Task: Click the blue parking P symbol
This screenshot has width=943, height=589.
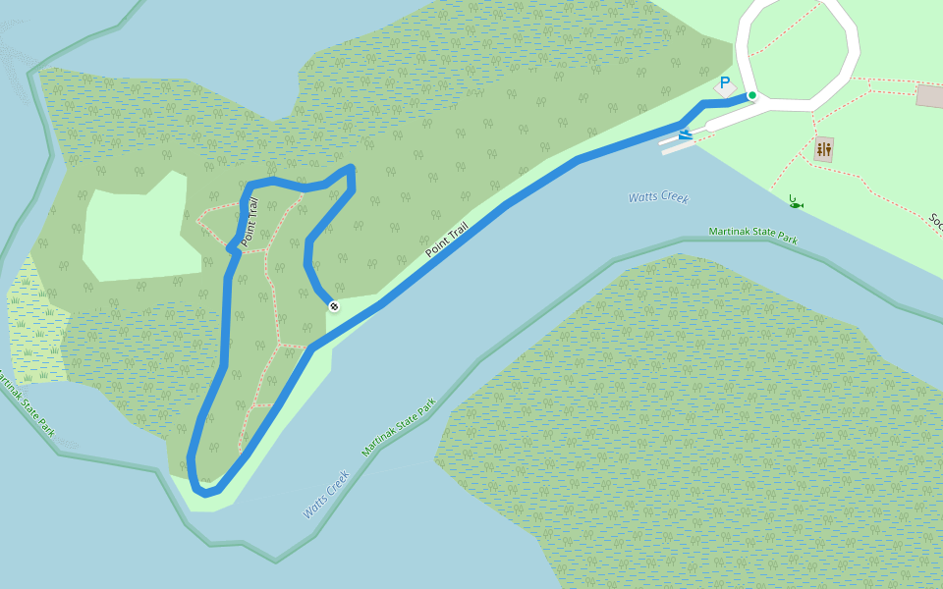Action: coord(725,84)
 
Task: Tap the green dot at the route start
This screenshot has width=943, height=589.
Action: coord(751,95)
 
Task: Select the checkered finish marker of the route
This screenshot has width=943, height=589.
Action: coord(334,306)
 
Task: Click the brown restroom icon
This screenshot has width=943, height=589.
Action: coord(823,149)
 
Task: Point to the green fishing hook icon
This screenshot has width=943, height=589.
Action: coord(795,202)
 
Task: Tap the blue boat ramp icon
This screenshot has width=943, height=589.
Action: coord(685,134)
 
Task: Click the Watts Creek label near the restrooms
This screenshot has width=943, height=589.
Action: coord(658,197)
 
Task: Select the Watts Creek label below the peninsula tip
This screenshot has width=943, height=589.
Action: coord(326,494)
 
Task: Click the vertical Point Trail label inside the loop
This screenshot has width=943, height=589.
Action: coord(250,222)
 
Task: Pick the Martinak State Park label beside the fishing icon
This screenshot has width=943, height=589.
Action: coord(753,236)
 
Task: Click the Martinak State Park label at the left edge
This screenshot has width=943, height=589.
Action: coord(27,403)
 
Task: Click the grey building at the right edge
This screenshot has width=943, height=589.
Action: coord(929,96)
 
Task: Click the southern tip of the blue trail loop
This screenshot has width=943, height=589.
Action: coord(204,490)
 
